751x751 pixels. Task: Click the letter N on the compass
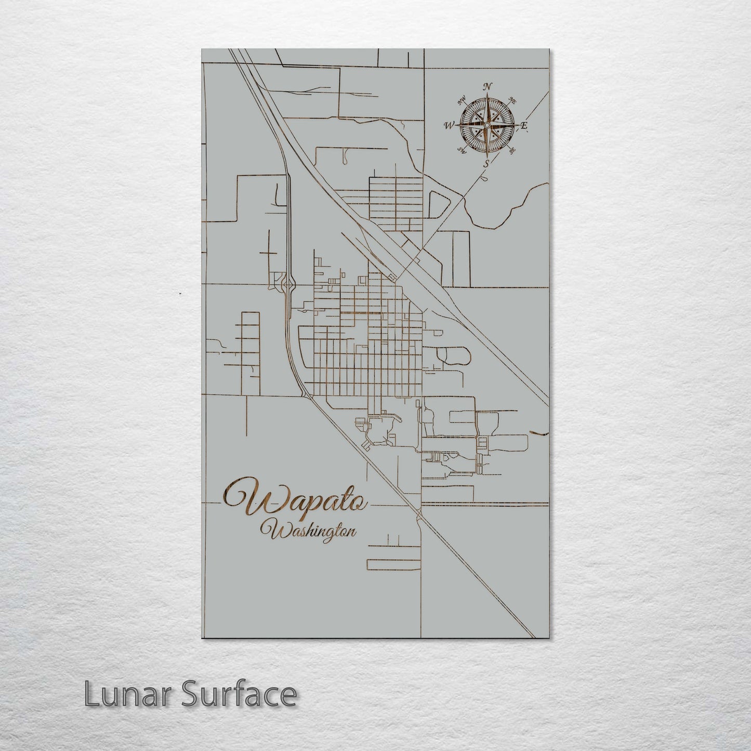pyautogui.click(x=488, y=87)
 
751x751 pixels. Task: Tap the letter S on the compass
pyautogui.click(x=486, y=163)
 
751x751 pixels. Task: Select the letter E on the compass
pyautogui.click(x=524, y=125)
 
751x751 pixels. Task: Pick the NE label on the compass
pyautogui.click(x=511, y=100)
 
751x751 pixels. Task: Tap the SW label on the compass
pyautogui.click(x=460, y=150)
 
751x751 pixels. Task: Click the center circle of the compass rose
pyautogui.click(x=486, y=125)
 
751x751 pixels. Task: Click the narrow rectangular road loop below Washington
pyautogui.click(x=393, y=564)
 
